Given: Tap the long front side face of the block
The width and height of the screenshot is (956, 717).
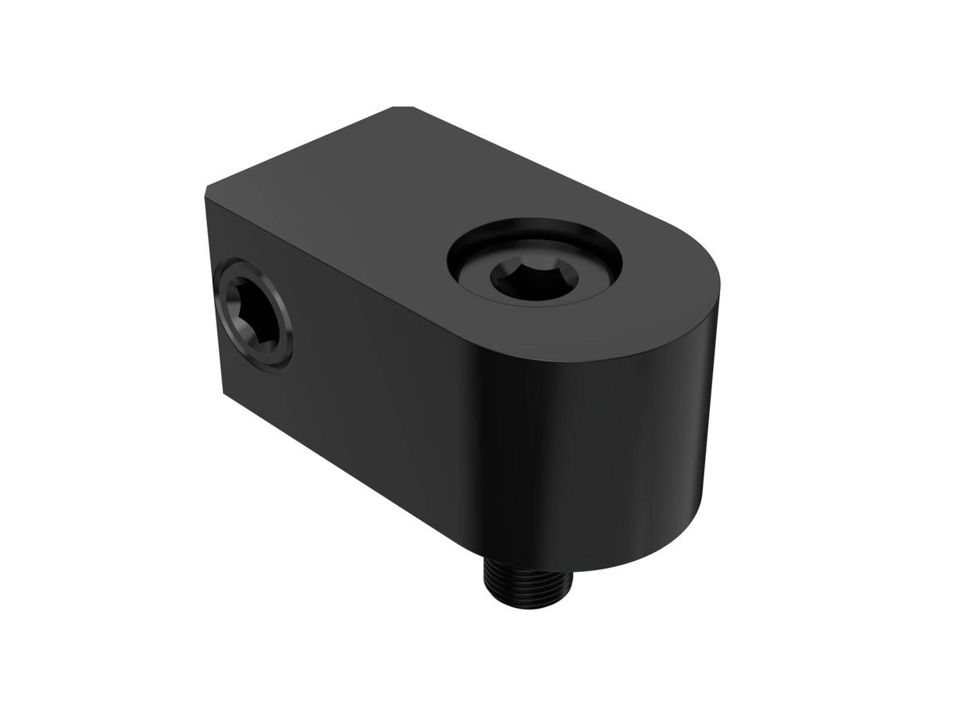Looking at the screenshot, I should [x=382, y=398].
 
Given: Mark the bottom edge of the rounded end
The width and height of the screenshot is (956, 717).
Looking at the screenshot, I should [x=637, y=550].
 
